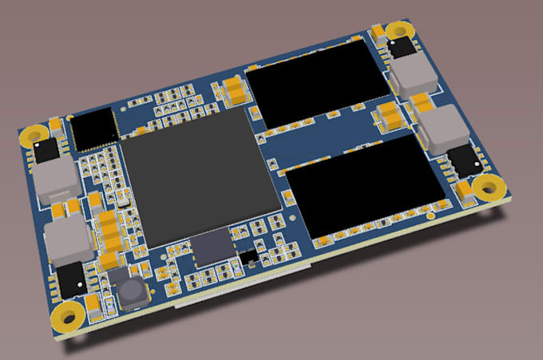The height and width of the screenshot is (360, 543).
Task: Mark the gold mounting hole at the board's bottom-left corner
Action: tap(69, 315)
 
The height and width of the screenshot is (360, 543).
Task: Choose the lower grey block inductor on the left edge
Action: tap(67, 241)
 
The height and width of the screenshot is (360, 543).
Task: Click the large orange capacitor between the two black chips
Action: tap(390, 117)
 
